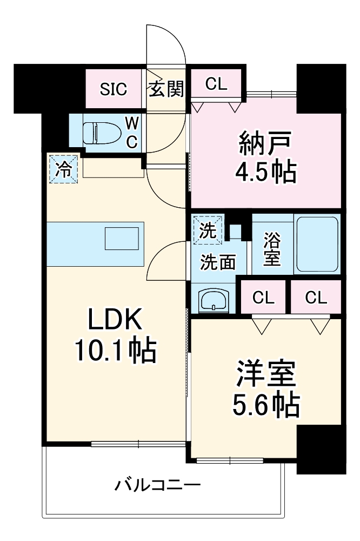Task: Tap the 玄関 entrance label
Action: pos(165,89)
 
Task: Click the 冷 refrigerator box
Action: pos(64,169)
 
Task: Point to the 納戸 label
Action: pos(265,144)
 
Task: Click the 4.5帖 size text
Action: pos(265,172)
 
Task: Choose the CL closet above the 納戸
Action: pos(216,83)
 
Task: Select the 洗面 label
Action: pos(218,262)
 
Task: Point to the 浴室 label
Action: pos(272,248)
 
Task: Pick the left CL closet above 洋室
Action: pos(263,297)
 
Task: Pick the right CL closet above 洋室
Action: pos(316,297)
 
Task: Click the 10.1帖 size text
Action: pos(115,352)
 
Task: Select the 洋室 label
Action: pos(265,375)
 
